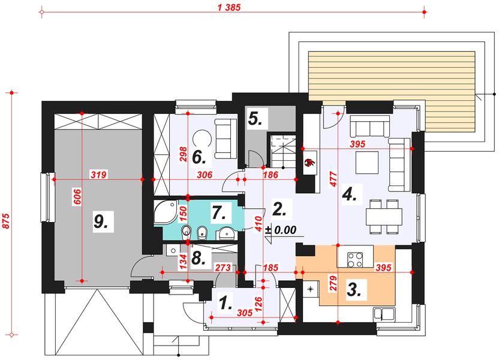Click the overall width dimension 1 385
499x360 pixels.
[x=229, y=7]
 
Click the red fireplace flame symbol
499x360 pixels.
[x=309, y=163]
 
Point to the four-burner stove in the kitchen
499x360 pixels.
[x=355, y=259]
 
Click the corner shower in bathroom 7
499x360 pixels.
[x=165, y=213]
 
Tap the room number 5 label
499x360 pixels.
[x=255, y=119]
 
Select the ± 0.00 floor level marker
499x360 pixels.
[x=281, y=230]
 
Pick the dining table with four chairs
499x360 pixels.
[x=384, y=217]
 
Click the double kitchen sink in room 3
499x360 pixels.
[x=384, y=314]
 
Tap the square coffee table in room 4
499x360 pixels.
[x=367, y=163]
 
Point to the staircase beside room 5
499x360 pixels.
[x=283, y=151]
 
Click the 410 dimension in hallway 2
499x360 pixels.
[x=258, y=223]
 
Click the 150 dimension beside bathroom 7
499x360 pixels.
[x=183, y=214]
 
